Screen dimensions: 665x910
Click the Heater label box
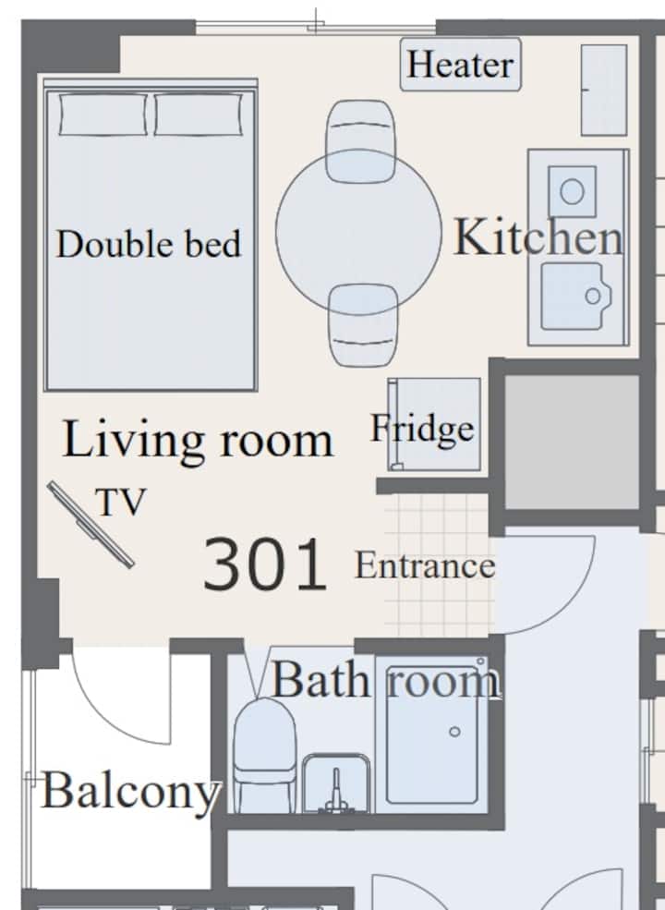[x=460, y=65]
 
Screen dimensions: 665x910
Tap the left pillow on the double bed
[x=103, y=115]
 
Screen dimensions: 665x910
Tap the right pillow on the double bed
[x=199, y=115]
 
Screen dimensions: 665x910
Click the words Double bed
[x=149, y=244]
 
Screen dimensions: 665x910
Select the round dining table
[x=358, y=232]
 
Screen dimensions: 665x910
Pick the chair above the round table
[x=360, y=141]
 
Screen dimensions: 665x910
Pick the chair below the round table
[x=363, y=325]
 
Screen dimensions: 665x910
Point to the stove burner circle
[x=572, y=191]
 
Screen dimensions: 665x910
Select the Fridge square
[x=434, y=424]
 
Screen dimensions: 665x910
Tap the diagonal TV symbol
[x=91, y=524]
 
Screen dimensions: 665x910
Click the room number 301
[x=264, y=564]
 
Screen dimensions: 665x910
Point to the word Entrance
[x=425, y=565]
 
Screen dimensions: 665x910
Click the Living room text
[x=198, y=440]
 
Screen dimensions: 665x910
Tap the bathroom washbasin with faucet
[x=336, y=783]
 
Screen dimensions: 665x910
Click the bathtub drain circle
[x=455, y=732]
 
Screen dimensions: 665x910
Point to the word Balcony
[x=131, y=792]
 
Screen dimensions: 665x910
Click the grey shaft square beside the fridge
[x=572, y=443]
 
